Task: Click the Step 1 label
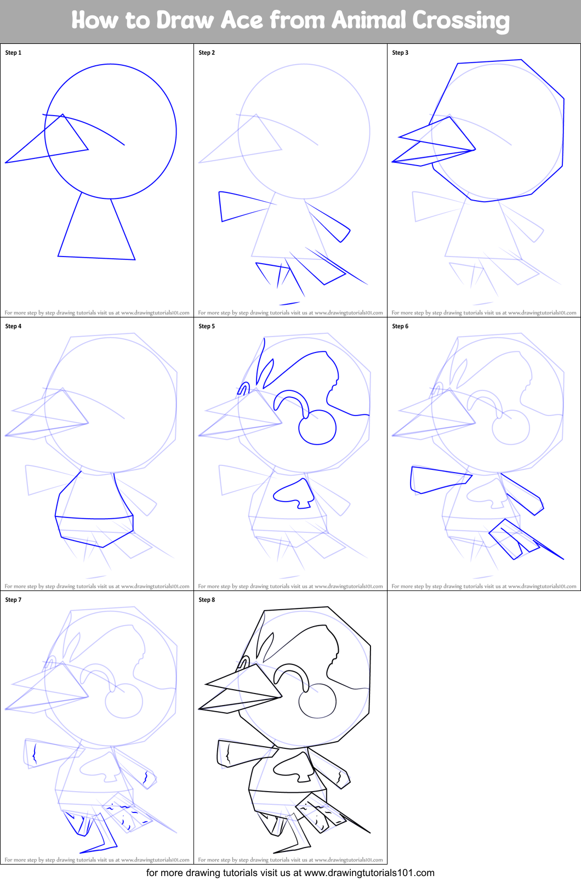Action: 13,53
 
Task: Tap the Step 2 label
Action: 207,53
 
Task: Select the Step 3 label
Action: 400,53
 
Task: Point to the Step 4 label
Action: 13,326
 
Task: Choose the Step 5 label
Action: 207,326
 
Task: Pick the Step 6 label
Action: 400,326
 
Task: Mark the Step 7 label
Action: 13,600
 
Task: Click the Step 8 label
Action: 207,600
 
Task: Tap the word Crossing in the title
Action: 461,21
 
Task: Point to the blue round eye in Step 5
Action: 317,428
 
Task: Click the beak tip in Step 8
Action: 200,709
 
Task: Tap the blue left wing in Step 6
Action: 436,479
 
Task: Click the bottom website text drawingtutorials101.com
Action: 369,873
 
